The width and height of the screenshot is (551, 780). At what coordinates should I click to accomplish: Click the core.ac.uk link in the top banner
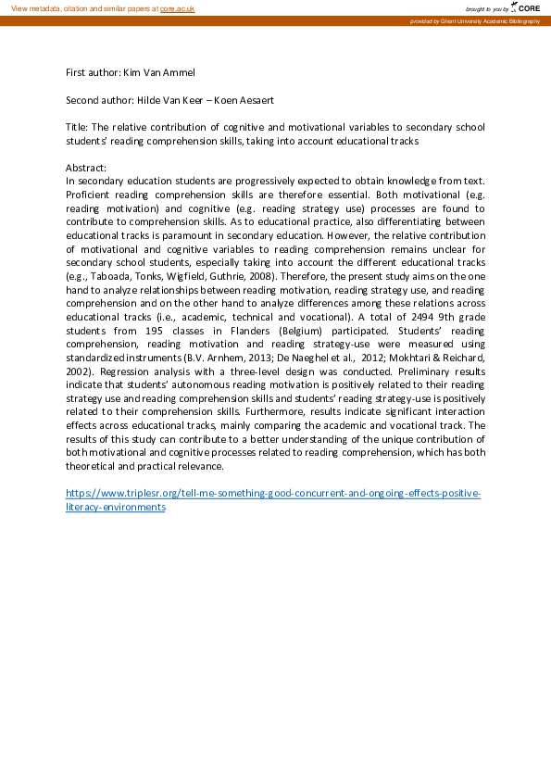point(177,7)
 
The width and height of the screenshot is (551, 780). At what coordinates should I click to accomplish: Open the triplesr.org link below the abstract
point(273,494)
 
